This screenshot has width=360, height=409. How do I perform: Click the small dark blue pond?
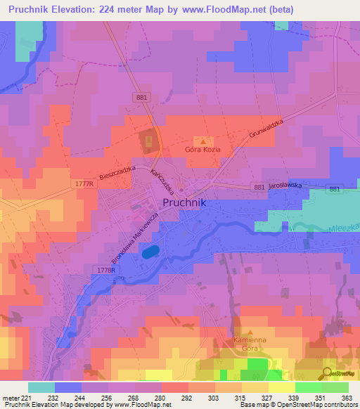[149, 252]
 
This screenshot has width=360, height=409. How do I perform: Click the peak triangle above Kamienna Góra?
[250, 330]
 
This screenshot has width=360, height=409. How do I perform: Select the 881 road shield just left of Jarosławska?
[257, 187]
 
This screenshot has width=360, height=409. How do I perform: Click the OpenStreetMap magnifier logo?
[328, 373]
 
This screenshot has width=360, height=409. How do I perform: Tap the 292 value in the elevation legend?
[186, 398]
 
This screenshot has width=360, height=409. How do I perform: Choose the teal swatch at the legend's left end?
[41, 387]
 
